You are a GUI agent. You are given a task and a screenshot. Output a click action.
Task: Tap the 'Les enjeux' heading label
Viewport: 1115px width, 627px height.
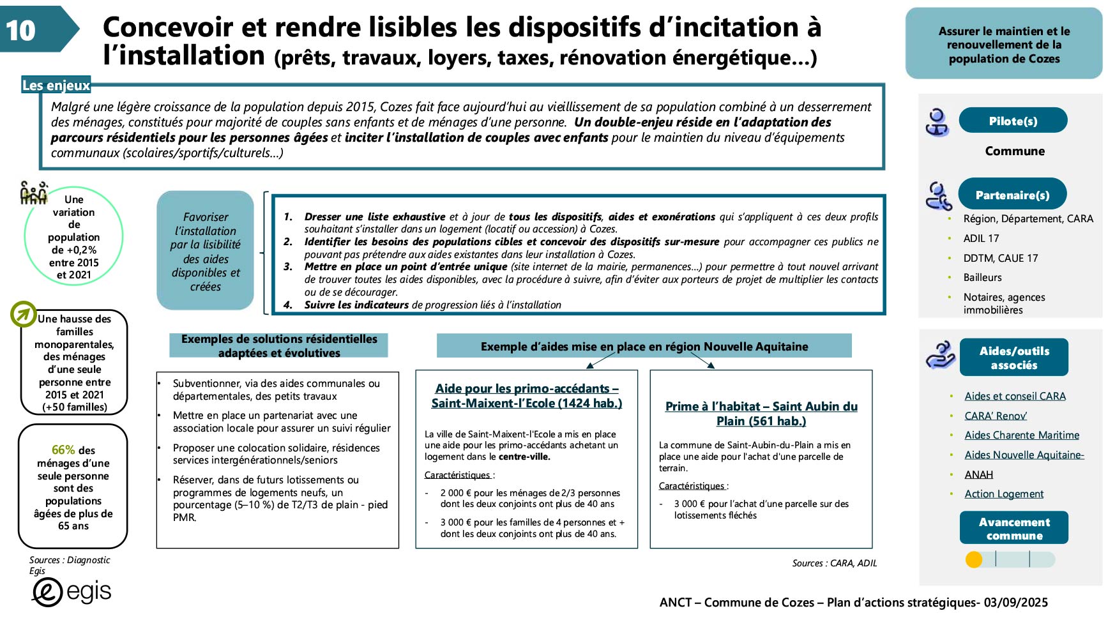point(56,85)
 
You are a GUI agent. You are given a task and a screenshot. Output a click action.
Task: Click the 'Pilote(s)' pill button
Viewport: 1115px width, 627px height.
point(1012,121)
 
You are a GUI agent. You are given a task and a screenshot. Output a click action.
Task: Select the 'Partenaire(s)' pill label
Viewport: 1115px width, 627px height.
point(1012,195)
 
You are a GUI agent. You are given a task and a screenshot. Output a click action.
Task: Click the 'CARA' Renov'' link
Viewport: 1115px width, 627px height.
point(995,416)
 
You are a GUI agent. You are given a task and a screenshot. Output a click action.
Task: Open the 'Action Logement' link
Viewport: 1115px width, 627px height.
point(1003,494)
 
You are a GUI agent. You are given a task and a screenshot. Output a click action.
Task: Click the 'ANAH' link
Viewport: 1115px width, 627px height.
point(978,474)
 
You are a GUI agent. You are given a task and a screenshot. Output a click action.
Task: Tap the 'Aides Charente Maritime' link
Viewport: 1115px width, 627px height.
point(1021,435)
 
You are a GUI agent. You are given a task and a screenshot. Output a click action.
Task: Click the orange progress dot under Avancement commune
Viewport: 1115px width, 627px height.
point(974,560)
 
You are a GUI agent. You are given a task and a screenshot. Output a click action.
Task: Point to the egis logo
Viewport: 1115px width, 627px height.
point(72,592)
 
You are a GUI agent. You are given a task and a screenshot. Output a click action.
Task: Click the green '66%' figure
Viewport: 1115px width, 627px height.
point(63,449)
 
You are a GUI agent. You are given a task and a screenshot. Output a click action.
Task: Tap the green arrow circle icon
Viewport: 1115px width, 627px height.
point(24,313)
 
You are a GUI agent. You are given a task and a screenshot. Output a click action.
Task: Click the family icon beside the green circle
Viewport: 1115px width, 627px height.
point(33,192)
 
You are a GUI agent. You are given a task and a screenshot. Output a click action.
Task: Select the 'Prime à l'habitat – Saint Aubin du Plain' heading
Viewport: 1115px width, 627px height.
point(761,413)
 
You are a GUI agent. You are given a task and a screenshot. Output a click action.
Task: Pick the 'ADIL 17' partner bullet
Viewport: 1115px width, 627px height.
point(980,238)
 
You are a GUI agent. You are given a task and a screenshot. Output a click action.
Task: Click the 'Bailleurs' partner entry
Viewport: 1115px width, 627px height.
point(982,277)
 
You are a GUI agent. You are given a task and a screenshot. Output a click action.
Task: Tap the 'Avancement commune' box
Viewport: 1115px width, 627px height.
point(1013,528)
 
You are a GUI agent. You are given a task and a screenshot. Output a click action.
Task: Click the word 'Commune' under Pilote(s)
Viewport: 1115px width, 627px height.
point(1014,151)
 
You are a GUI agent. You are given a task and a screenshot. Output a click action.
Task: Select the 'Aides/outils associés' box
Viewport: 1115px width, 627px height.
point(1013,358)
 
